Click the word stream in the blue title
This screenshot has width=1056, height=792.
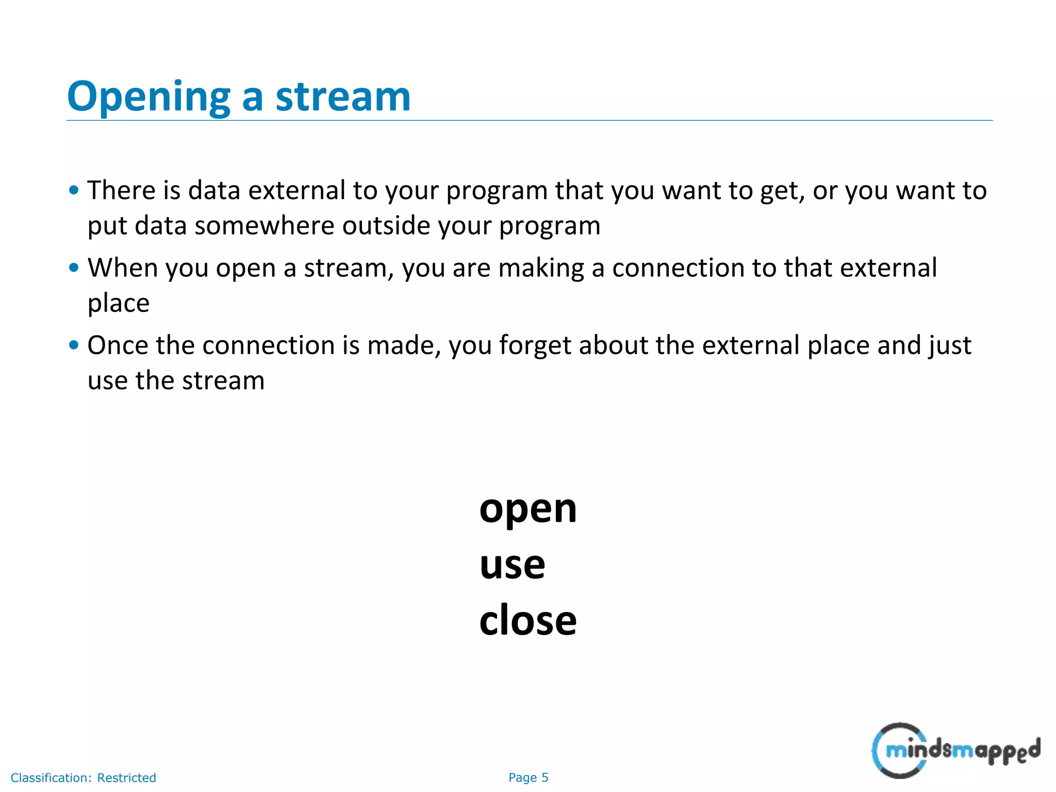click(343, 97)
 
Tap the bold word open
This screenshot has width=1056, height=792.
click(527, 509)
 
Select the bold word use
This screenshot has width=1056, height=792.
click(512, 565)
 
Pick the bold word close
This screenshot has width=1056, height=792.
click(527, 620)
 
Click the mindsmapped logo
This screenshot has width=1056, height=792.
click(955, 750)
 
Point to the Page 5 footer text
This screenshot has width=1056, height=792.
click(528, 778)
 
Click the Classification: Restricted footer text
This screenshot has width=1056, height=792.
click(83, 778)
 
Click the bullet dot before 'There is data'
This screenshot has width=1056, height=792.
click(74, 190)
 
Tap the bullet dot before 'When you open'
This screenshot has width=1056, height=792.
click(74, 268)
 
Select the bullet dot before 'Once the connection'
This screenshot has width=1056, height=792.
click(74, 345)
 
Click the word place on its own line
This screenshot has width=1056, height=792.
click(119, 303)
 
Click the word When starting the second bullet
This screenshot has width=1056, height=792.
click(122, 268)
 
